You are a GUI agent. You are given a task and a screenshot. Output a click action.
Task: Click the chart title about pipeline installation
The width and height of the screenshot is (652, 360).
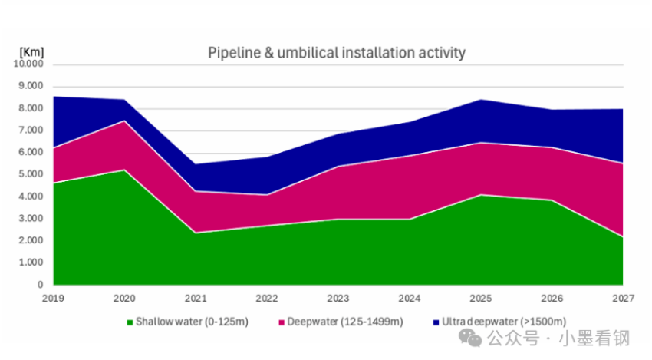(337, 53)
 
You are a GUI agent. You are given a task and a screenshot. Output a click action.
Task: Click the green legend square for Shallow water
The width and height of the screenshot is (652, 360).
(130, 322)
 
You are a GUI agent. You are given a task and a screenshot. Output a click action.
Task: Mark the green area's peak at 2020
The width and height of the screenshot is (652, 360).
(124, 170)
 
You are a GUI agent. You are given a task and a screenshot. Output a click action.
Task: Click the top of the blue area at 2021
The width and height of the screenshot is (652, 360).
(196, 164)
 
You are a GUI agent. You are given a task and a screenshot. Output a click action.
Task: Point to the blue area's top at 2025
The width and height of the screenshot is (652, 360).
(480, 100)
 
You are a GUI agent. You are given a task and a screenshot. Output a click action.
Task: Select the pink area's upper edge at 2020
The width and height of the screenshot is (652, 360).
(124, 121)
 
